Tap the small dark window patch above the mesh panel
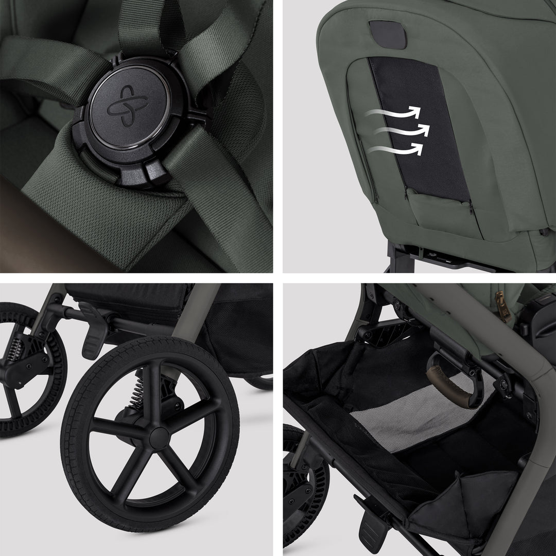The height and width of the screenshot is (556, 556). (388, 34)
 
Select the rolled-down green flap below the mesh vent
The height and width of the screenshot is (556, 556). (438, 211)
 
